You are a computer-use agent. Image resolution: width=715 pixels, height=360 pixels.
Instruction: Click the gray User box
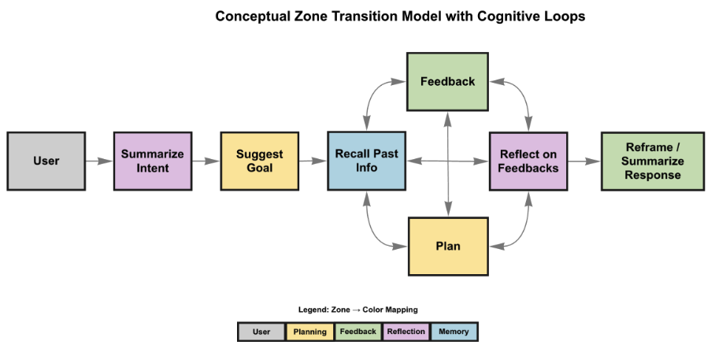(46, 161)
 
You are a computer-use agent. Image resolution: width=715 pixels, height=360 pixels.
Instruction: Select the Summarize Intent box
(152, 161)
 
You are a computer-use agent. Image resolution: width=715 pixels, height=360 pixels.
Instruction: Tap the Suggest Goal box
(259, 161)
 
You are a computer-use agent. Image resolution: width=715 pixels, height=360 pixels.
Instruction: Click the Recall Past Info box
(366, 161)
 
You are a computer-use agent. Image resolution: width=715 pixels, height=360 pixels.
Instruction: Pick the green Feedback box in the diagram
(447, 81)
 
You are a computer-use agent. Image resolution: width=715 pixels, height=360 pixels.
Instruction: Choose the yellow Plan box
(447, 247)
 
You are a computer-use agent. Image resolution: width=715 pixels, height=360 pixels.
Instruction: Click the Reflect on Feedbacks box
(528, 161)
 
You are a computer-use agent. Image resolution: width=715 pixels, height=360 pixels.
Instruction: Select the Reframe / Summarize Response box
(653, 161)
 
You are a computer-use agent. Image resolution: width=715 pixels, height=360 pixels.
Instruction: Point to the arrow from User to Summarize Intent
(99, 161)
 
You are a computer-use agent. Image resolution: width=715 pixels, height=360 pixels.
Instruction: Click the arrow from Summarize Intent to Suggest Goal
(206, 161)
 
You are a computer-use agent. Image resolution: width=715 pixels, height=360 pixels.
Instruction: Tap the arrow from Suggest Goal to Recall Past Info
(313, 161)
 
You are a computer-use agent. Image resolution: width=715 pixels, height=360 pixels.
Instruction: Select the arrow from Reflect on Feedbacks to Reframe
(583, 161)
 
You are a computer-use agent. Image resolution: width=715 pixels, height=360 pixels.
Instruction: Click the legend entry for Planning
(310, 332)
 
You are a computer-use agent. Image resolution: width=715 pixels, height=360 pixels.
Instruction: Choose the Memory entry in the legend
(454, 332)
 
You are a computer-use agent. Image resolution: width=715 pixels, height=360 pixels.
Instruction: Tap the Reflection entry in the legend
(406, 332)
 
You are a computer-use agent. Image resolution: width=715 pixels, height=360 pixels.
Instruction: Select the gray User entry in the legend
(261, 332)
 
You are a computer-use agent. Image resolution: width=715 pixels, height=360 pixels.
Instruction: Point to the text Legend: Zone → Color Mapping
(357, 310)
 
